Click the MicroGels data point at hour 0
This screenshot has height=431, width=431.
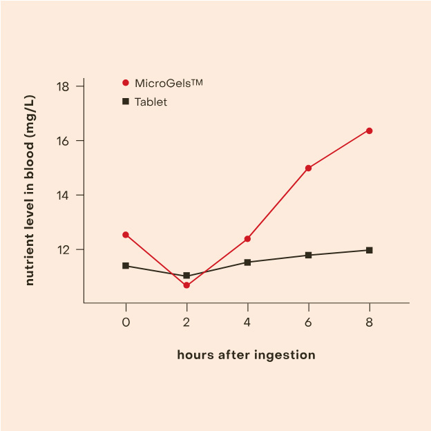click(126, 235)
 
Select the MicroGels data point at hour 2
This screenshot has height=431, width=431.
click(186, 285)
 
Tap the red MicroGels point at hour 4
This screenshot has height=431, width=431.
click(247, 239)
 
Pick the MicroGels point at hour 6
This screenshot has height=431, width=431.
click(308, 168)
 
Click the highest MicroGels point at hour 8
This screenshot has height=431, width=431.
click(370, 131)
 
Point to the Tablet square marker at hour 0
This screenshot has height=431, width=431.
click(126, 265)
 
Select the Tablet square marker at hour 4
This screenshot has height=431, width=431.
click(247, 262)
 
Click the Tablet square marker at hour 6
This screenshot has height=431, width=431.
click(308, 255)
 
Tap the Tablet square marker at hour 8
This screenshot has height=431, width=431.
click(370, 250)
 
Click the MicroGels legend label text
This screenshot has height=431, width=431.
click(169, 83)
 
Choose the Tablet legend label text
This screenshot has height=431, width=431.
click(151, 102)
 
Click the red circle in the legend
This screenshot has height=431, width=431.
click(126, 83)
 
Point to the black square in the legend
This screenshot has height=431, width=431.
click(126, 102)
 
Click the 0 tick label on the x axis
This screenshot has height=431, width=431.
click(126, 323)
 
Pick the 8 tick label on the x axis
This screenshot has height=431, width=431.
click(370, 323)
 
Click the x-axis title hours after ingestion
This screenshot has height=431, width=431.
click(246, 355)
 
